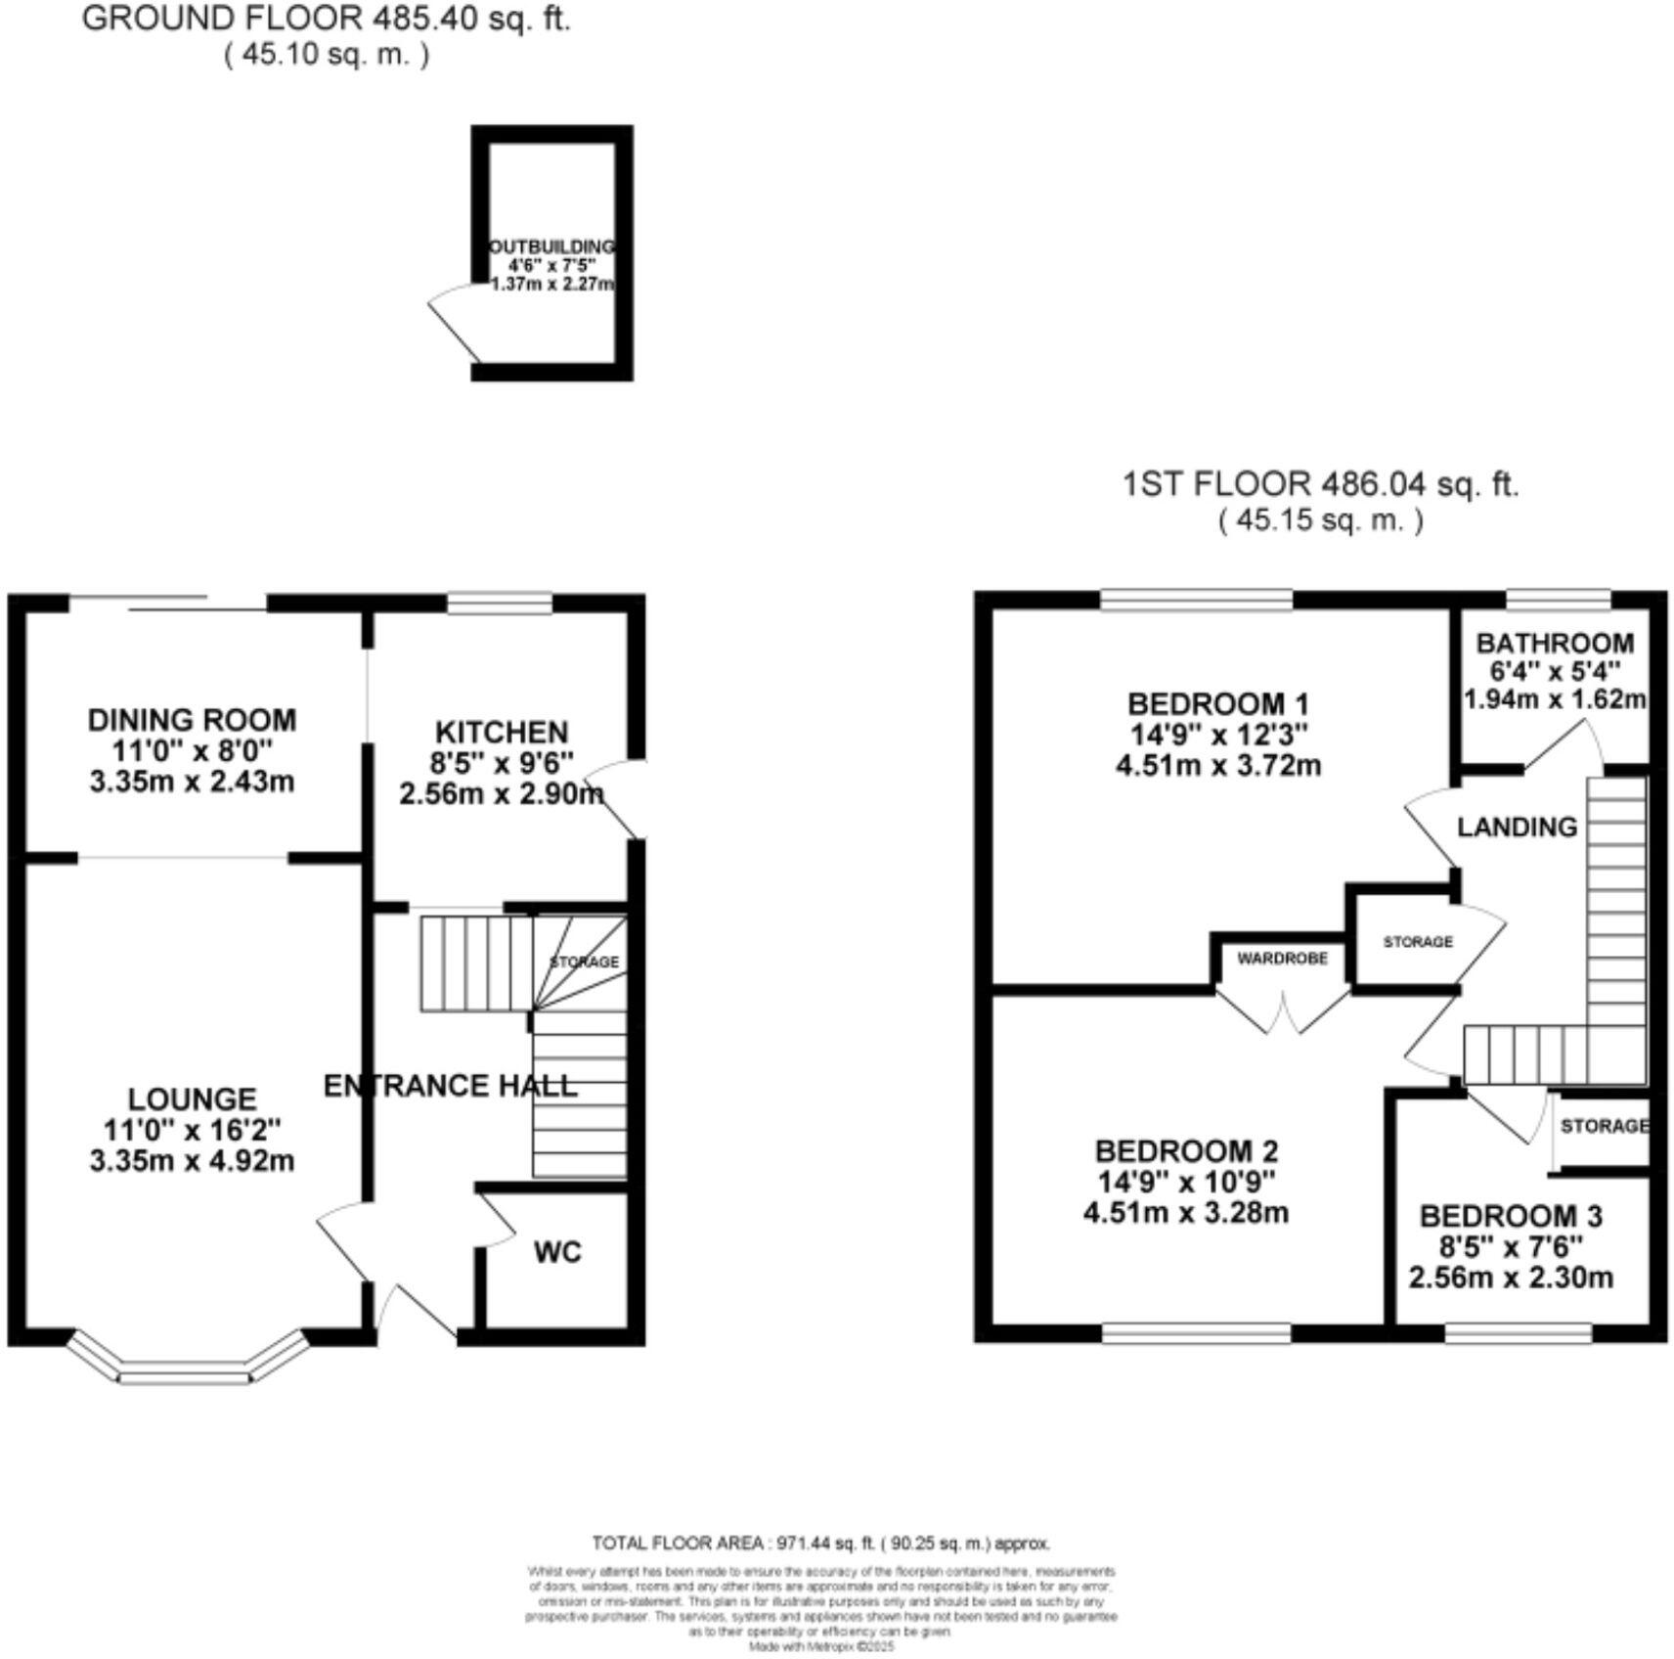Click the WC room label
558,1251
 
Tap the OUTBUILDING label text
552,247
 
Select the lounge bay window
186,1364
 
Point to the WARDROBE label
1282,959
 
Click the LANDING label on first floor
1517,827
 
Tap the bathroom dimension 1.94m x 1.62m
1555,699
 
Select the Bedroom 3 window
1518,1332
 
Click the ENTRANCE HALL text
450,1085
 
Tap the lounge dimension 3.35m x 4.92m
192,1160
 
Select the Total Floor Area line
820,1543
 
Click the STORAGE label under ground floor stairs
585,962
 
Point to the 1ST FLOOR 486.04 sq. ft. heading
1320,483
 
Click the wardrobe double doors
1283,1012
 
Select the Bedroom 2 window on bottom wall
1197,1332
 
